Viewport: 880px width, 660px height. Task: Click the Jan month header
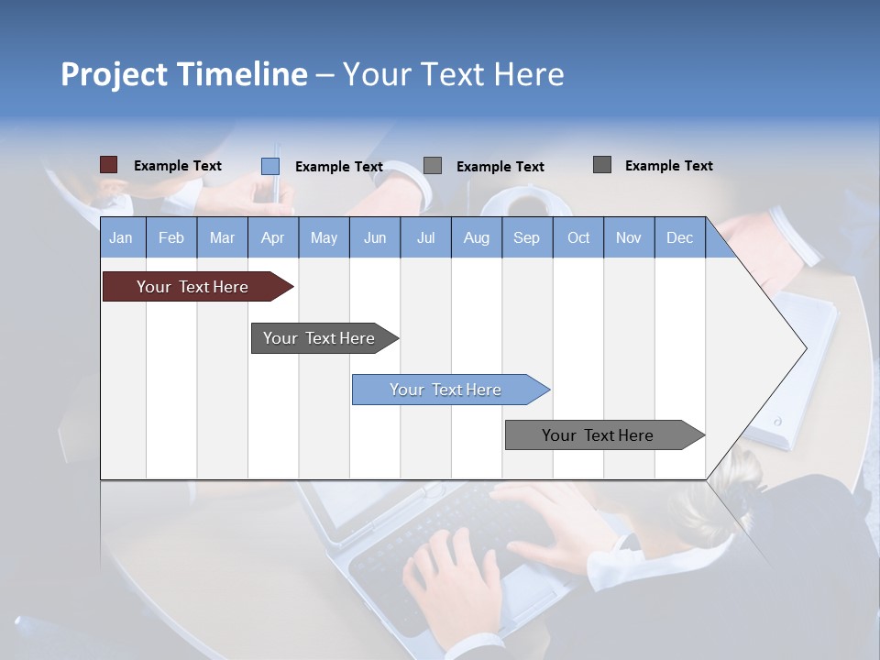pos(121,237)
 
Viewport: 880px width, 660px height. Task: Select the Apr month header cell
pos(273,237)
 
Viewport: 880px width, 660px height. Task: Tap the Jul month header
pos(425,237)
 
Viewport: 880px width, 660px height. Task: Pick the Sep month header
pos(526,237)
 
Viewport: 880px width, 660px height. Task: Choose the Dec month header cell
pos(679,237)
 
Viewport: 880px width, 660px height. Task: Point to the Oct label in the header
pos(578,237)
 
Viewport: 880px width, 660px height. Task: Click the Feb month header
pos(171,237)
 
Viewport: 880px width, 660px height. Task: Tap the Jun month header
pos(375,237)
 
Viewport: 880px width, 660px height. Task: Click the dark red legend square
pos(108,165)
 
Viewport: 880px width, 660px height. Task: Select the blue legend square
pos(270,166)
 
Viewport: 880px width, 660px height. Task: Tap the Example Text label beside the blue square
pos(339,167)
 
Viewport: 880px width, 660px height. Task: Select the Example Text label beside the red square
pos(178,166)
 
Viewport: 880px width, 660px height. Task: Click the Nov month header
pos(629,237)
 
